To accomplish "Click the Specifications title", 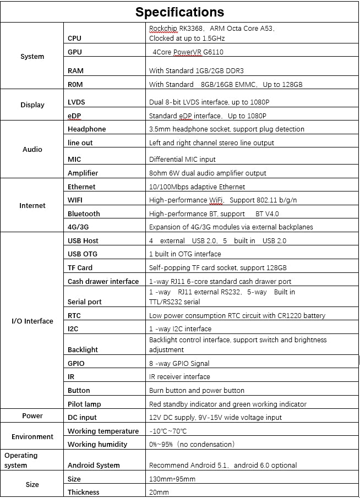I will tap(179, 12).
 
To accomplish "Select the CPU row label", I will tap(74, 39).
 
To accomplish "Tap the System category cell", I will tap(32, 57).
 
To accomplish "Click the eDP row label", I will tap(75, 116).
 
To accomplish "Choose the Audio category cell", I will tap(32, 149).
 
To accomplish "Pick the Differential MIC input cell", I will tap(182, 160).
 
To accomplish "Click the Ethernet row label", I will tap(81, 187).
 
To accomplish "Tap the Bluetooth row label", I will tap(84, 214).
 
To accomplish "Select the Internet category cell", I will tap(32, 206).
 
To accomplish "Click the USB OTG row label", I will tap(83, 254).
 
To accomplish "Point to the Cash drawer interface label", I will tap(103, 282).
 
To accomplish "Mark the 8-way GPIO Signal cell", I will tap(179, 363).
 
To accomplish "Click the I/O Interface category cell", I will tap(32, 321).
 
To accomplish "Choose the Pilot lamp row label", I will tap(84, 404).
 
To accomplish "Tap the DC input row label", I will tap(82, 418).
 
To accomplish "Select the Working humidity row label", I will tap(97, 445).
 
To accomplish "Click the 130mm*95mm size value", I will tap(172, 479).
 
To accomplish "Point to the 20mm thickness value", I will tap(159, 492).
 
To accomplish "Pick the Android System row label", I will tap(93, 466).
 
